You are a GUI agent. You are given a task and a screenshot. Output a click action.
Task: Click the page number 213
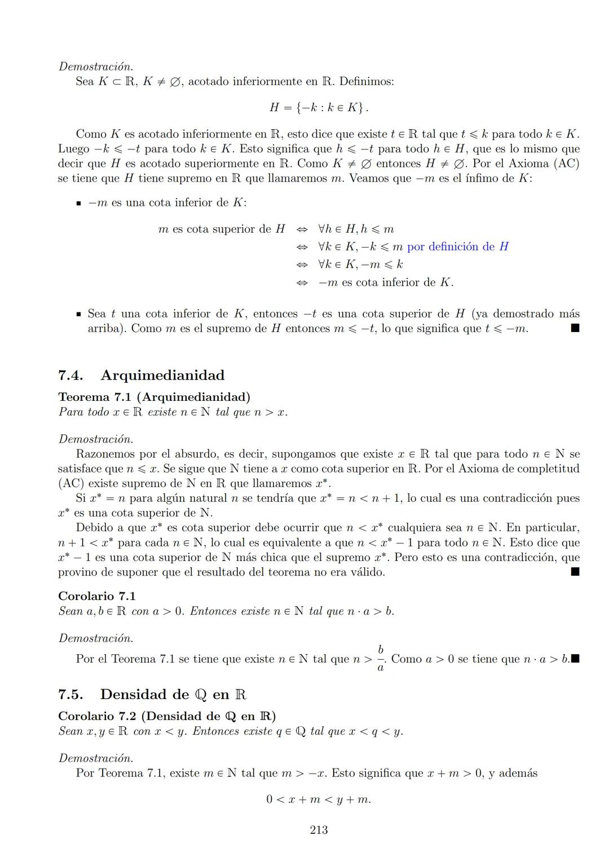pos(319,829)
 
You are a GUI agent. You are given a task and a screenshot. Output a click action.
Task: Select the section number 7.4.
pos(70,376)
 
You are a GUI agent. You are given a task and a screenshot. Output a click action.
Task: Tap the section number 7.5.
pos(70,694)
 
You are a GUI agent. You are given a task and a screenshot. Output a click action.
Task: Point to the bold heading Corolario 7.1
pos(97,596)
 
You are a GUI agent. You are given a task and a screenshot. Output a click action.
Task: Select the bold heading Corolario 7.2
pos(97,716)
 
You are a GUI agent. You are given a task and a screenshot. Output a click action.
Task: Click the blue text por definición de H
pos(457,246)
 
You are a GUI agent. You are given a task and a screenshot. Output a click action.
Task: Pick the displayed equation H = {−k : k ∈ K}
pos(319,107)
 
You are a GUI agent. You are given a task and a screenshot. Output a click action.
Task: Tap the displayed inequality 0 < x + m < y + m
pos(319,799)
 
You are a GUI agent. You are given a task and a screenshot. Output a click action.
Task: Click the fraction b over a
pos(381,659)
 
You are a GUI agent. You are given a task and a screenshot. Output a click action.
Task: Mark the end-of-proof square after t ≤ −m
pos(575,328)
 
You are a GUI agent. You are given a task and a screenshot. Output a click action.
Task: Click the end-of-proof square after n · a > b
pos(575,659)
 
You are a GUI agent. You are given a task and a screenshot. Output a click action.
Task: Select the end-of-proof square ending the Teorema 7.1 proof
pos(575,572)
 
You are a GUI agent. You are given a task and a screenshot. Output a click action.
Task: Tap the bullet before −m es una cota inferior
pos(79,203)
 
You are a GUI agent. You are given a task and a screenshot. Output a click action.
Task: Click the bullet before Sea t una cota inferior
pos(79,314)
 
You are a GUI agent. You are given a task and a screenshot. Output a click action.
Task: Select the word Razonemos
pos(105,454)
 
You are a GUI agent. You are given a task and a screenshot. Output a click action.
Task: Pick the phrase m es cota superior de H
pos(222,229)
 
